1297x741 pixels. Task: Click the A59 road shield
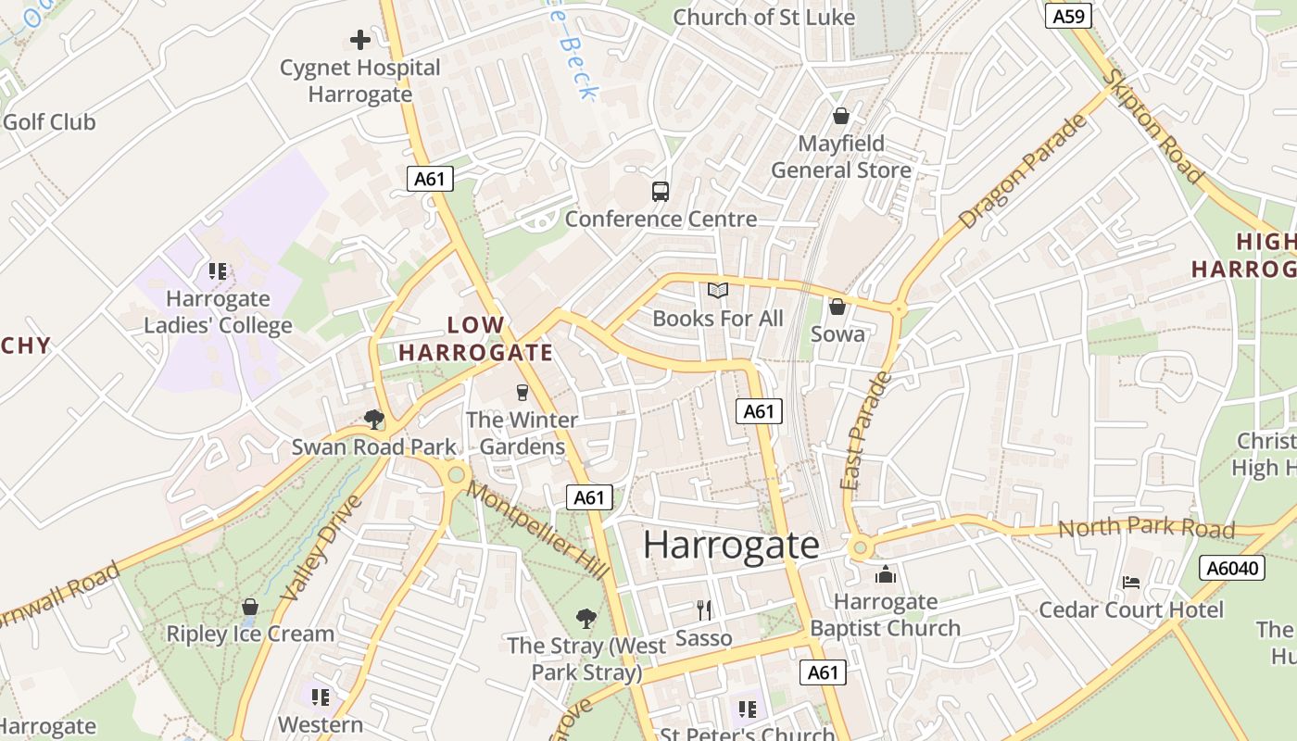pos(1069,16)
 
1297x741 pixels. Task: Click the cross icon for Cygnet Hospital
pos(360,40)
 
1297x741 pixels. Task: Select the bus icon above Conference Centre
pos(661,192)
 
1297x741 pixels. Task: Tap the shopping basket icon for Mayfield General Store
pos(841,116)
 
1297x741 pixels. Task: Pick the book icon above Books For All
pos(718,291)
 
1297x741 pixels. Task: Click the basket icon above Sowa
pos(837,307)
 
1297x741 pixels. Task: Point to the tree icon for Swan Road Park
pos(374,420)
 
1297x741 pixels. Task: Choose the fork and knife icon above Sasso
pos(704,609)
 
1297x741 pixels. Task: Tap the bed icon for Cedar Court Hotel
pos(1131,583)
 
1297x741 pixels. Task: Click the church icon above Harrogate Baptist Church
pos(886,575)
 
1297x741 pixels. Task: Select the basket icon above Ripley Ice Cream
pos(249,608)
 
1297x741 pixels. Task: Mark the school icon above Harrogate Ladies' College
pos(218,271)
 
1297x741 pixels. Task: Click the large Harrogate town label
pos(731,545)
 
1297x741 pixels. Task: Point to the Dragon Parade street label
pos(1022,173)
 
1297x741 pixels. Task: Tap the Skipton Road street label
pos(1153,126)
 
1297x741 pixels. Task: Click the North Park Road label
pos(1146,528)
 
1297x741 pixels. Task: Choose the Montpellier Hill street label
pos(537,530)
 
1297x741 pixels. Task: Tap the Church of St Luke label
pos(763,17)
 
